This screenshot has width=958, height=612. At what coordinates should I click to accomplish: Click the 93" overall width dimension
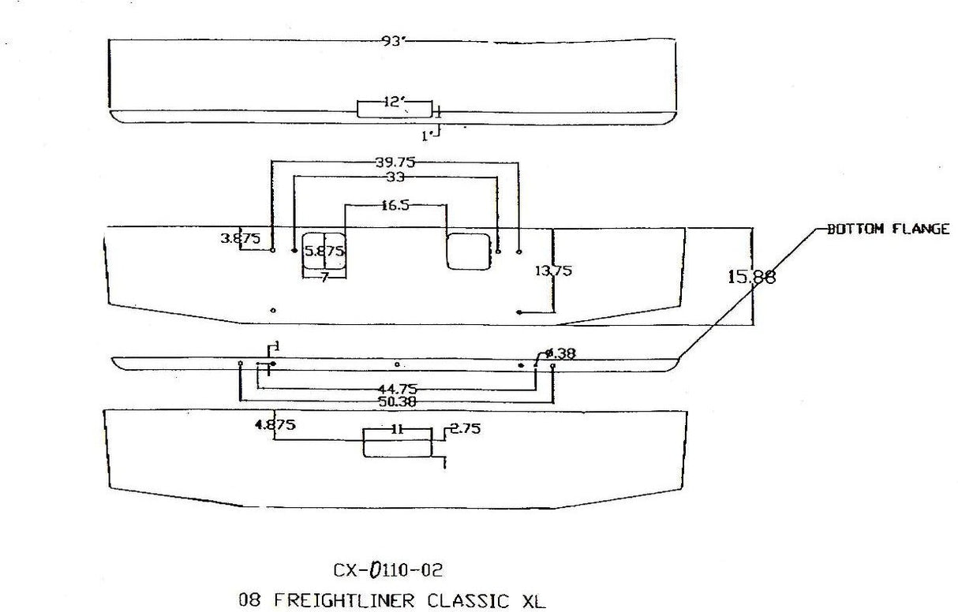(x=393, y=41)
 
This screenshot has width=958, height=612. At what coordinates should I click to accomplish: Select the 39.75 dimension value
(x=395, y=162)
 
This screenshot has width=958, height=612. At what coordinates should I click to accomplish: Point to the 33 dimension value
(x=395, y=178)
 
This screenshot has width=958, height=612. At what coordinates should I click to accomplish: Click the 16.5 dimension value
(x=395, y=205)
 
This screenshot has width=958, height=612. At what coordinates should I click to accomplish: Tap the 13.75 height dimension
(x=554, y=271)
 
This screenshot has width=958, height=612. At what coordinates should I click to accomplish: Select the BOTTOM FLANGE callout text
(x=888, y=229)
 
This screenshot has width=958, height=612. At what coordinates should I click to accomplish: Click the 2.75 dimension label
(x=465, y=429)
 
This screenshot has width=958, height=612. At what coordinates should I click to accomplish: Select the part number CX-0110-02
(x=393, y=569)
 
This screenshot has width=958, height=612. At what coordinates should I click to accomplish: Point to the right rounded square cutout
(x=469, y=252)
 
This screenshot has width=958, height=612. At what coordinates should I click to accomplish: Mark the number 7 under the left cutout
(x=324, y=278)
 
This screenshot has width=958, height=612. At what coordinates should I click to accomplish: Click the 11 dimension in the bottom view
(x=397, y=430)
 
